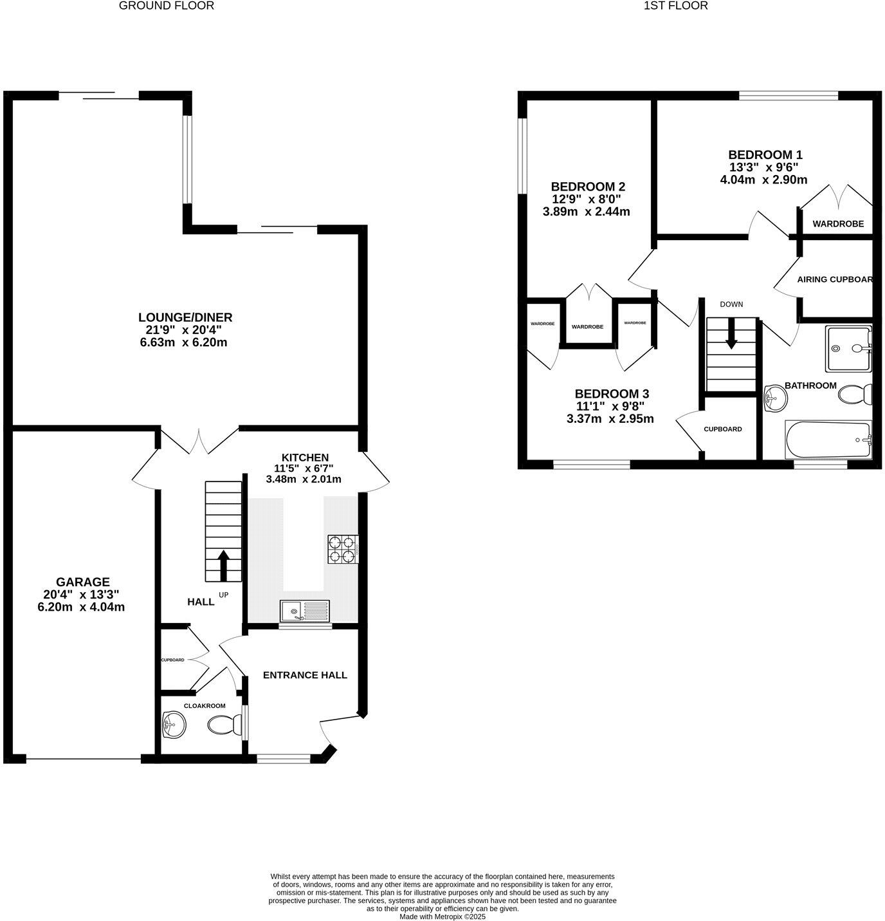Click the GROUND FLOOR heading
click(167, 6)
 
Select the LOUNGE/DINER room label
click(185, 317)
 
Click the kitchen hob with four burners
click(342, 549)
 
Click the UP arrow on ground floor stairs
click(224, 566)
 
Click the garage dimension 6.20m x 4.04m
click(81, 607)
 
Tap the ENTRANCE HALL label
click(305, 675)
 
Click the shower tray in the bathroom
click(848, 348)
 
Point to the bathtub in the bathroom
click(828, 440)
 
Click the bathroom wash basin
click(774, 399)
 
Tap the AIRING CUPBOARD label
click(834, 279)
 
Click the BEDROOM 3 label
click(612, 394)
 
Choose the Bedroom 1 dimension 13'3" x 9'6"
click(763, 167)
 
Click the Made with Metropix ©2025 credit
click(442, 916)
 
